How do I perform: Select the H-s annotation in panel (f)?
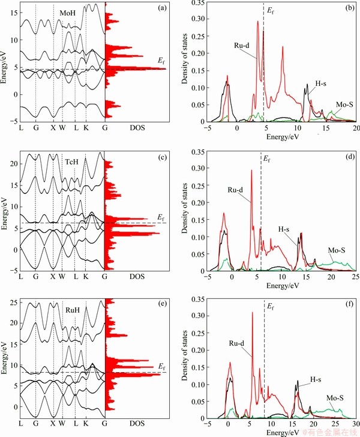click(319, 380)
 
